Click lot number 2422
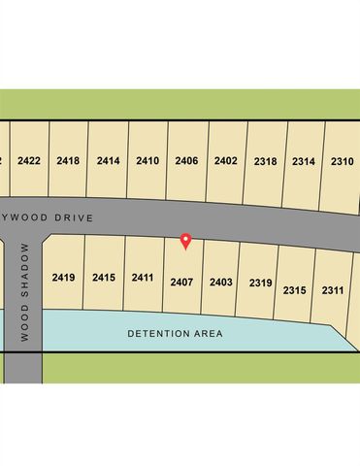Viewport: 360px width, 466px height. point(29,160)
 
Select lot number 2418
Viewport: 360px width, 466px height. point(68,160)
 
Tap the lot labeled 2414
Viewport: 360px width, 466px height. point(108,160)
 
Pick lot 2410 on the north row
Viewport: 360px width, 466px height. point(147,160)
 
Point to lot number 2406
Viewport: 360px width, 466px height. point(186,160)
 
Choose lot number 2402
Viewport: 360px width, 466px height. point(226,160)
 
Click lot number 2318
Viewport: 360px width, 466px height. point(265,161)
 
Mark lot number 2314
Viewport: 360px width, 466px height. point(304,161)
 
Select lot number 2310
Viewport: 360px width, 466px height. point(342,161)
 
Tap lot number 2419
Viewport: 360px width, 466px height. point(63,278)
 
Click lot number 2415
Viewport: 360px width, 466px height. point(104,278)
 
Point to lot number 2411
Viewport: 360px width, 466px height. point(143,278)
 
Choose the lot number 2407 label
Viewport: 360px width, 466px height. point(181,282)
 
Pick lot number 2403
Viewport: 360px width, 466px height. point(220,283)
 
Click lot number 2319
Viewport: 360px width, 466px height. point(260,283)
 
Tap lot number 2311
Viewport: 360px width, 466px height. point(333,289)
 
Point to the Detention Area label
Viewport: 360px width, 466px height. point(176,334)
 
